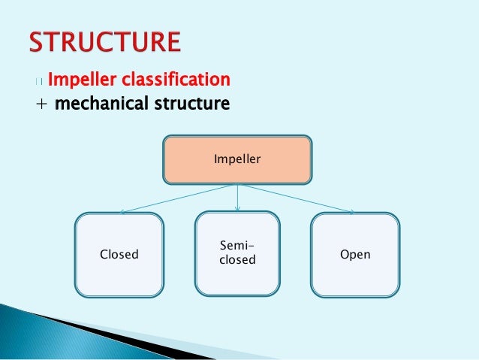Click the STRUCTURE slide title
(x=104, y=41)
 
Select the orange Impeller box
(x=237, y=159)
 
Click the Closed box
(x=119, y=255)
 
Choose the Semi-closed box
(x=237, y=253)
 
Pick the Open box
(x=355, y=255)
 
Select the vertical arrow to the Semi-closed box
(x=237, y=198)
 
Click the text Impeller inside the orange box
(x=237, y=159)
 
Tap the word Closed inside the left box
(x=119, y=255)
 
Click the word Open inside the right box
(x=355, y=255)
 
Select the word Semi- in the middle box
(x=237, y=247)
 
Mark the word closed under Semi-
(x=237, y=261)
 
